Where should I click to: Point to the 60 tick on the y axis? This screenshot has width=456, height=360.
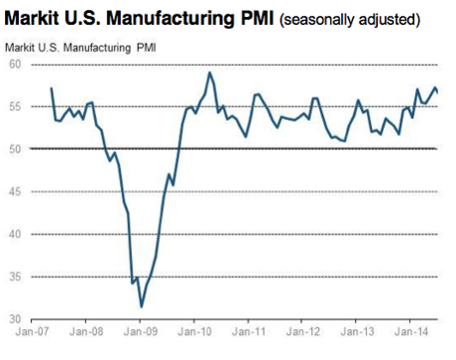(14, 63)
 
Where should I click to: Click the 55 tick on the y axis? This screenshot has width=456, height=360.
(14, 106)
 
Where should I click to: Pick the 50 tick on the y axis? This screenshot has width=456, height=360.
(14, 149)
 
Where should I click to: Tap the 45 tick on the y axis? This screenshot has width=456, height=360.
(14, 191)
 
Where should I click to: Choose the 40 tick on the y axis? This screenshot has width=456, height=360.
(14, 234)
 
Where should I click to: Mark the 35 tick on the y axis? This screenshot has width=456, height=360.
(14, 277)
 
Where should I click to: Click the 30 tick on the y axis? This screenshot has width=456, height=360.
(14, 319)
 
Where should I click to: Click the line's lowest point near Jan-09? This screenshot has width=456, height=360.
(142, 306)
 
